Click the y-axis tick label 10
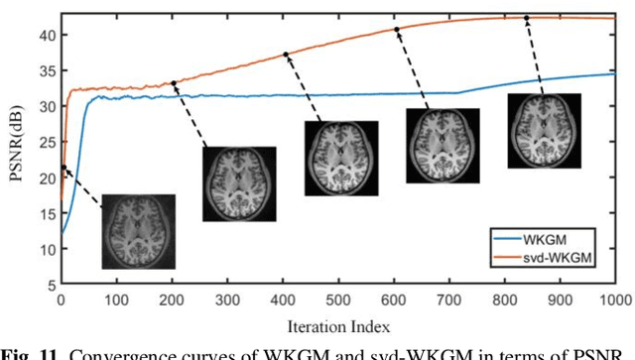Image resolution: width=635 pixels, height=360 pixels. click(x=47, y=249)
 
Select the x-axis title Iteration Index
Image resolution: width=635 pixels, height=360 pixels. click(x=338, y=325)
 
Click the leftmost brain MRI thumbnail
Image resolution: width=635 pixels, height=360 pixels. click(x=139, y=231)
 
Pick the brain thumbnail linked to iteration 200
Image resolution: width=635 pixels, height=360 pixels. click(x=239, y=183)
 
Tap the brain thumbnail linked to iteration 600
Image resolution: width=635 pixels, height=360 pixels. click(x=443, y=145)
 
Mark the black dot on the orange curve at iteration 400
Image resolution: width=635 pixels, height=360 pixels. click(x=286, y=55)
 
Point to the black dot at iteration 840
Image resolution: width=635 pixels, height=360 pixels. click(x=527, y=18)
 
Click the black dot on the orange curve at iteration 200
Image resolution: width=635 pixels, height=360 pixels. click(x=175, y=83)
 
